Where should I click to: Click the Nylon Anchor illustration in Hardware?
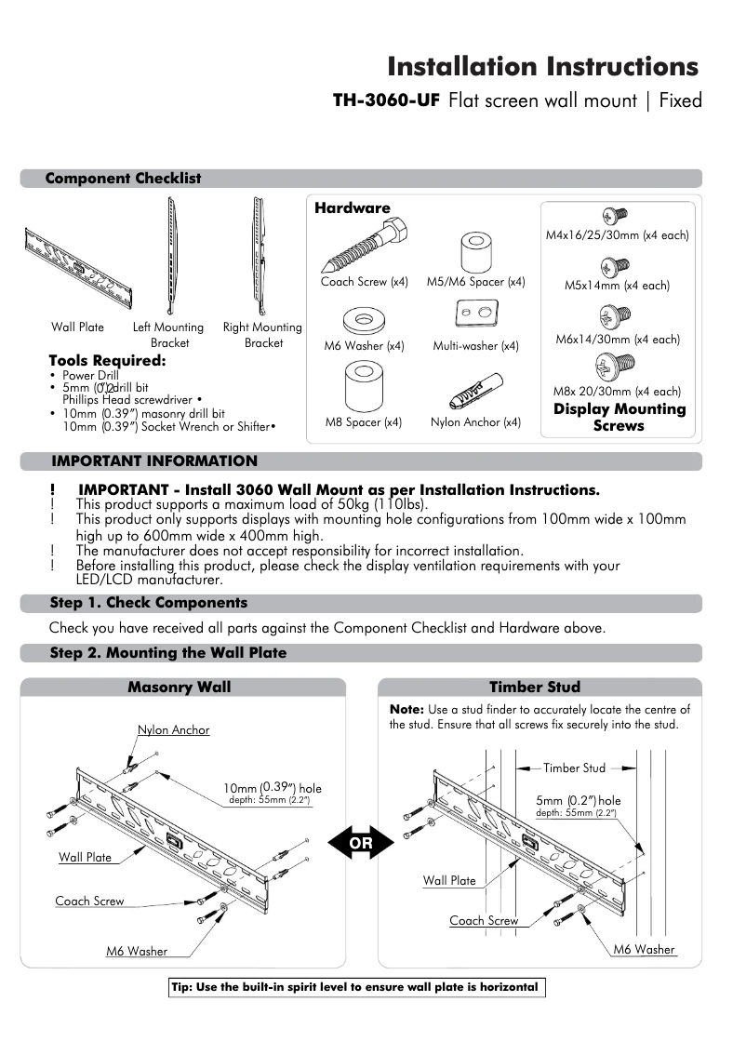tap(475, 390)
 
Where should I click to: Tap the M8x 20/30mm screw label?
tap(617, 392)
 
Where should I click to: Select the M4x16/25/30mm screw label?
tap(617, 235)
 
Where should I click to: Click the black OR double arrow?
tap(361, 843)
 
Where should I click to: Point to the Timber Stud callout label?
tap(574, 768)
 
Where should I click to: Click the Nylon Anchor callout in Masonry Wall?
tap(174, 730)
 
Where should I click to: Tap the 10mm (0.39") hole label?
tap(273, 788)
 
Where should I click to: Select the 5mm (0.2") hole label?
tap(579, 800)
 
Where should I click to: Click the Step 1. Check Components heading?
tap(149, 603)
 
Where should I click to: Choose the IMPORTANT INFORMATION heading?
tap(154, 461)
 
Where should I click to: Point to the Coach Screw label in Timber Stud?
tap(484, 921)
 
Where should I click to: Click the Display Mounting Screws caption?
tap(619, 418)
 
